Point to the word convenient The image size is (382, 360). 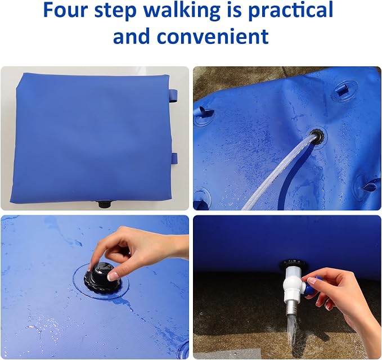coord(213,36)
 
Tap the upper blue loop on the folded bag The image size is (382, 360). coord(173,96)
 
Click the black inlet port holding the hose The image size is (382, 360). coord(316,137)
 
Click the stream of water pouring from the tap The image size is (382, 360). coord(292,332)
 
